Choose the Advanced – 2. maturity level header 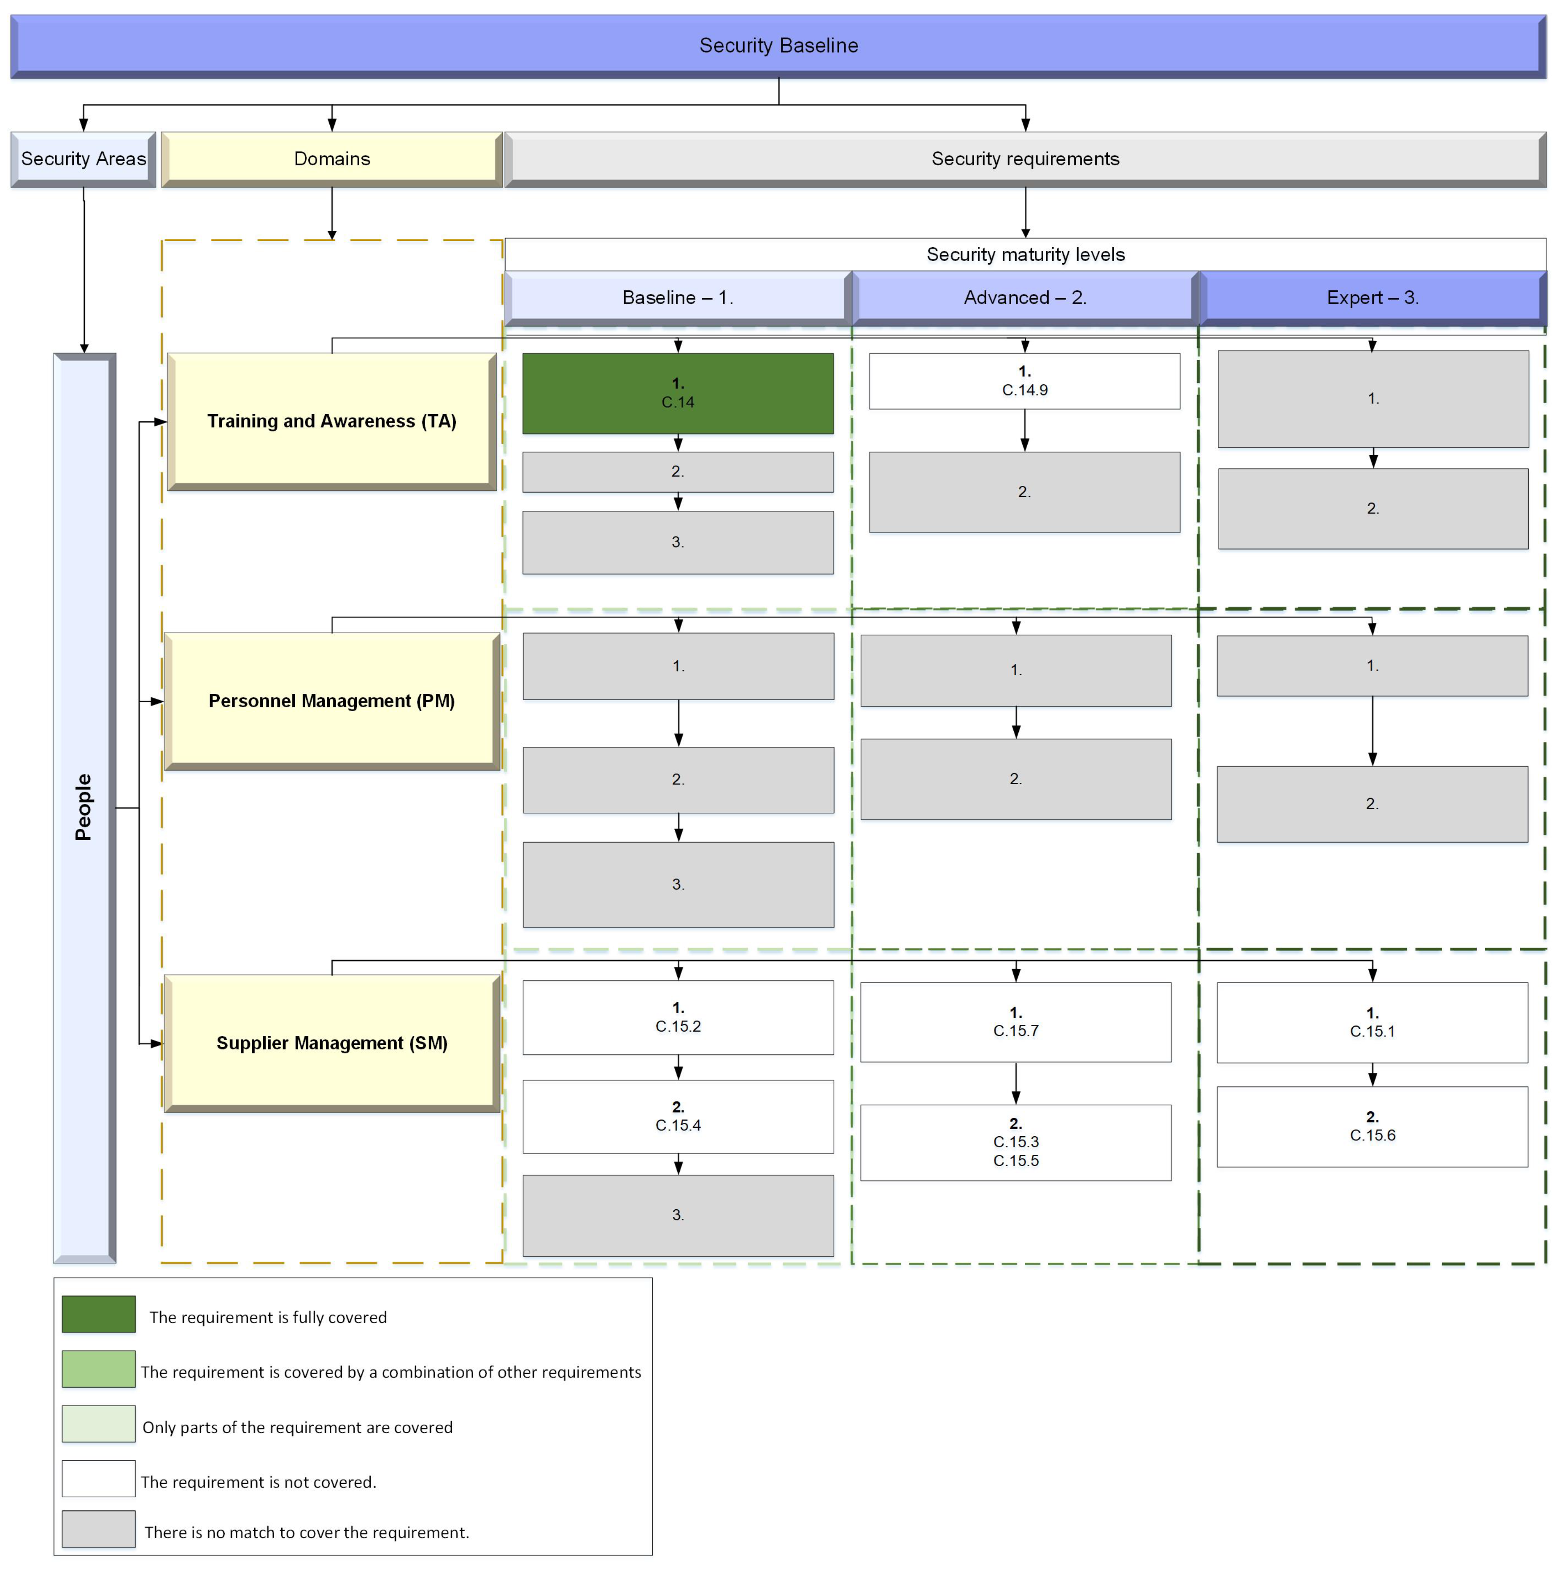click(1025, 298)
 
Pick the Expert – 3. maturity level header click(1372, 298)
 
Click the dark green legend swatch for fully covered click(98, 1314)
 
